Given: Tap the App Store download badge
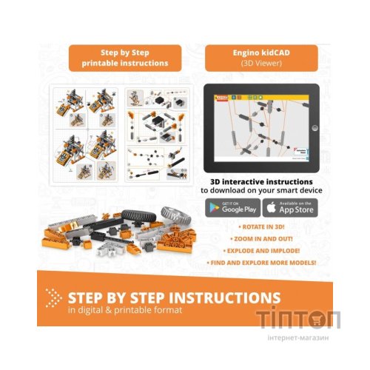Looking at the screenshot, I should [290, 208].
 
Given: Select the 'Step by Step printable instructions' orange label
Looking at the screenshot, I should [124, 58].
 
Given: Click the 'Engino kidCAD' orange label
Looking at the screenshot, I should [260, 58].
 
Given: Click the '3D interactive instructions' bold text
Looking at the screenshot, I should [260, 181].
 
